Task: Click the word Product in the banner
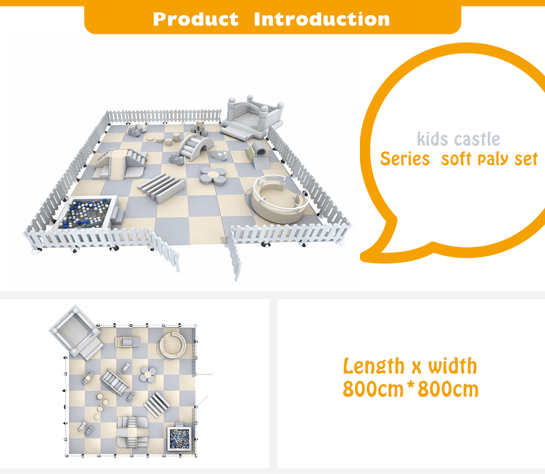196,19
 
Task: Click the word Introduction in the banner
322,19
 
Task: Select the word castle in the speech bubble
477,139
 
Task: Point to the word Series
405,159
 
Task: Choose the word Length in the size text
374,366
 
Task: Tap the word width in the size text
453,366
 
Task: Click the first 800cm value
373,389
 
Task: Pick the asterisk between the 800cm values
411,385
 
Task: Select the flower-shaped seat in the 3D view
213,176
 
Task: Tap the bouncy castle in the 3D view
253,118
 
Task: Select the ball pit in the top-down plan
180,438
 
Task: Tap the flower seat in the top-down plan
149,375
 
